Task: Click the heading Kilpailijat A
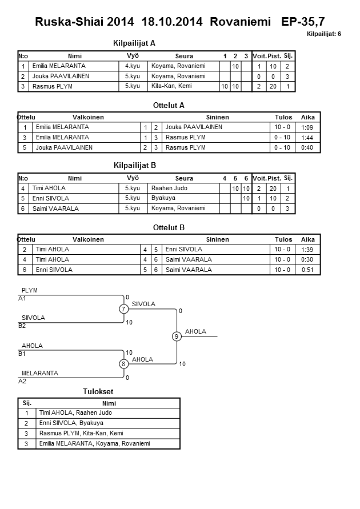[x=135, y=43]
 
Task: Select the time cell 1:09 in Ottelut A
[x=308, y=127]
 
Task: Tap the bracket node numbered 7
[x=123, y=309]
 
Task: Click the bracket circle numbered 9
[x=177, y=336]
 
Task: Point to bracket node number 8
[x=123, y=364]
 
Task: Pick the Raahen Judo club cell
[x=170, y=188]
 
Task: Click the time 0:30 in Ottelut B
[x=308, y=259]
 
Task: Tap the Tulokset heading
[x=98, y=391]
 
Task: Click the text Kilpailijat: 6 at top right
[x=324, y=34]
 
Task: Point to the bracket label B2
[x=22, y=326]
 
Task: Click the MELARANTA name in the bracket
[x=40, y=373]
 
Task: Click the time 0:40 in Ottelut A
[x=308, y=148]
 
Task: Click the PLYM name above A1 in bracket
[x=29, y=290]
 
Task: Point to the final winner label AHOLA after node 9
[x=195, y=331]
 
